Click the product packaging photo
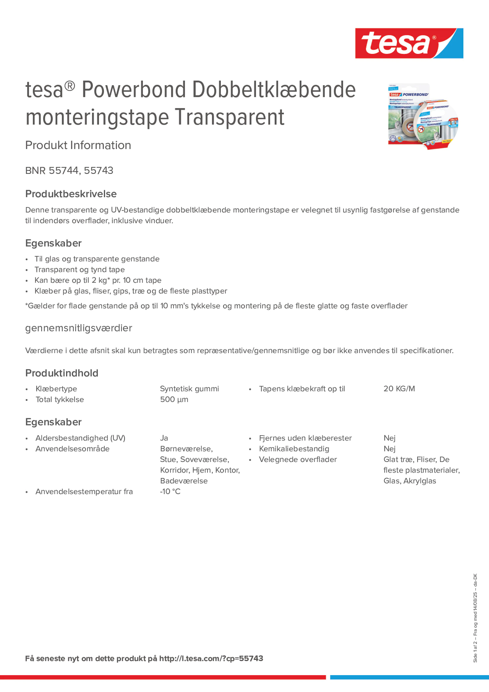[423, 116]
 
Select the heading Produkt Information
[78, 145]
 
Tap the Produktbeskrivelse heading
[71, 194]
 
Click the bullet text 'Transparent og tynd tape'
[80, 269]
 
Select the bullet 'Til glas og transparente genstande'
[97, 259]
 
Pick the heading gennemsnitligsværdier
[79, 328]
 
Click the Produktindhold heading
[62, 373]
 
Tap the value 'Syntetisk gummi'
[189, 389]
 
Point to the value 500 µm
[174, 400]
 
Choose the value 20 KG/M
[399, 389]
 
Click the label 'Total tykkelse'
[60, 400]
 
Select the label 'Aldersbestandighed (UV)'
[80, 438]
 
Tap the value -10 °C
[170, 491]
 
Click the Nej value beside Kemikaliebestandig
[389, 449]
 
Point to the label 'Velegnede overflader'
[297, 460]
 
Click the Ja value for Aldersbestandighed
[164, 438]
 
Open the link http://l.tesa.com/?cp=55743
[211, 659]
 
